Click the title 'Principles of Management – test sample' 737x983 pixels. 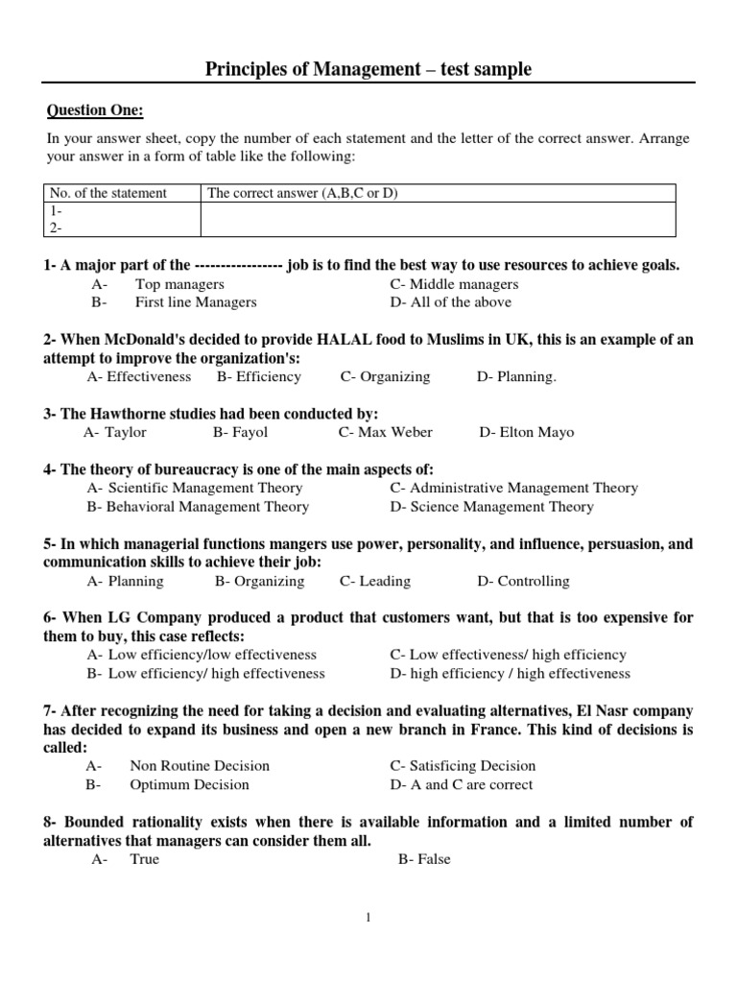[368, 69]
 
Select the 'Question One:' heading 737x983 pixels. [95, 111]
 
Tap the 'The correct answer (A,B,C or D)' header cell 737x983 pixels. [302, 193]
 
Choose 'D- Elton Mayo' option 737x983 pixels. [527, 432]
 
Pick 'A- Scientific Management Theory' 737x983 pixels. [195, 488]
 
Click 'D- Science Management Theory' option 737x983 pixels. [491, 506]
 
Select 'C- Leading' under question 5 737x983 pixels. [375, 581]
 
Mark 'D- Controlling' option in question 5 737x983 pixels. [523, 581]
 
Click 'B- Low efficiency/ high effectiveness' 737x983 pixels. [206, 673]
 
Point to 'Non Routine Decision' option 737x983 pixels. [200, 766]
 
